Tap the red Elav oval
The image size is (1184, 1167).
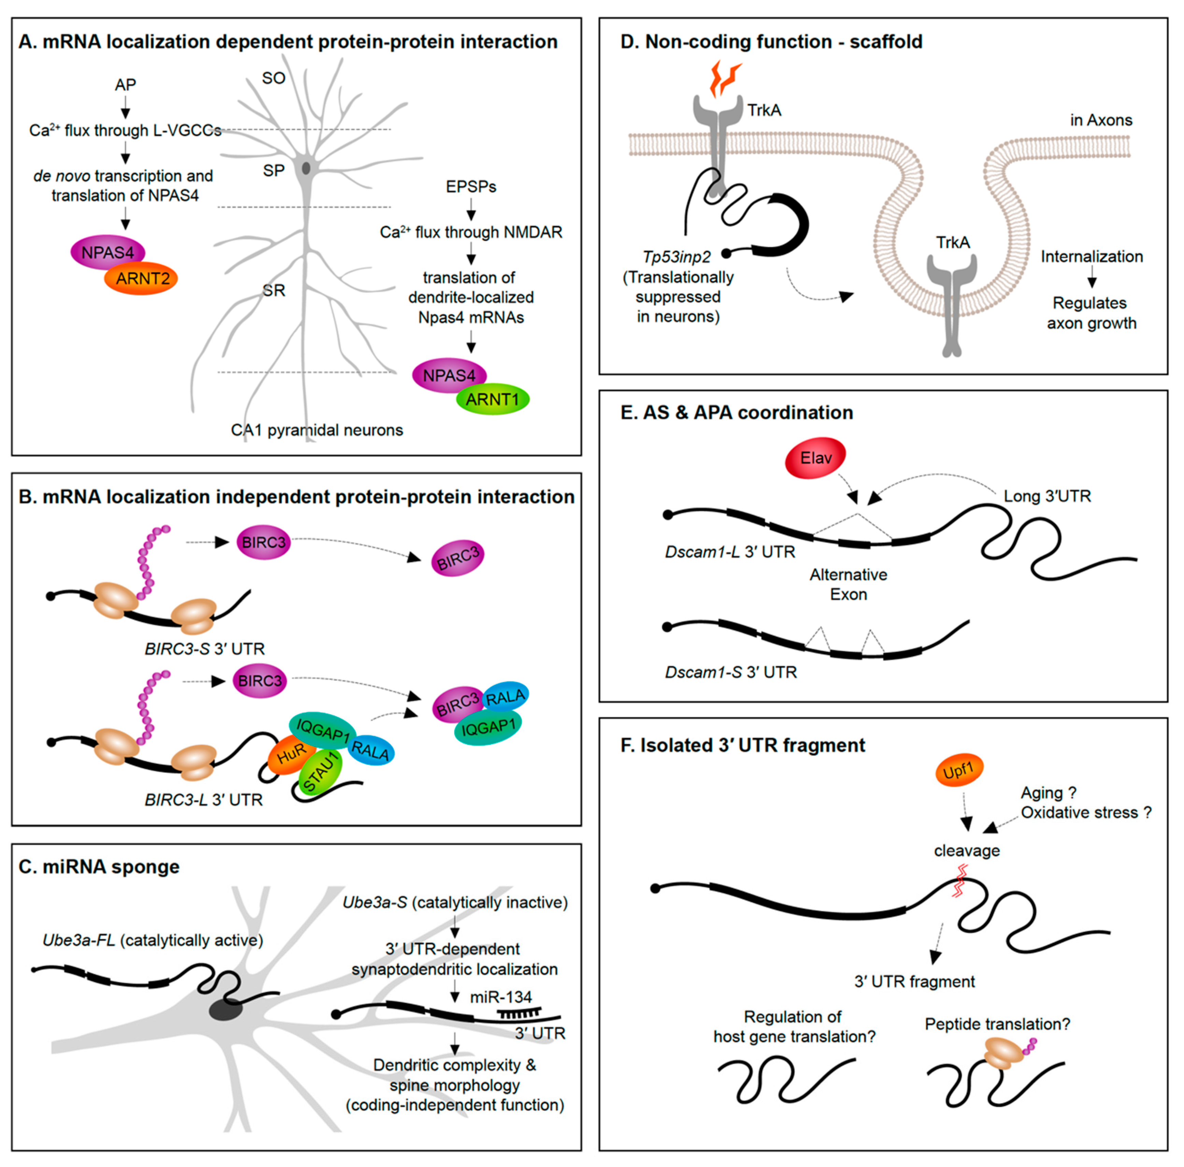point(815,457)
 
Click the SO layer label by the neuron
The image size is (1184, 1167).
point(274,79)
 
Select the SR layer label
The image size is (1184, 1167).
point(274,291)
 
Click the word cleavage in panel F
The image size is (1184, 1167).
point(967,851)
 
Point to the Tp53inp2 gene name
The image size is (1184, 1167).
point(677,258)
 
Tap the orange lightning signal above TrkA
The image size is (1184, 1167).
point(725,77)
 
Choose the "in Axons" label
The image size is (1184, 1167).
point(1101,120)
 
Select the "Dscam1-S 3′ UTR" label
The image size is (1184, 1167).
point(731,672)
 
